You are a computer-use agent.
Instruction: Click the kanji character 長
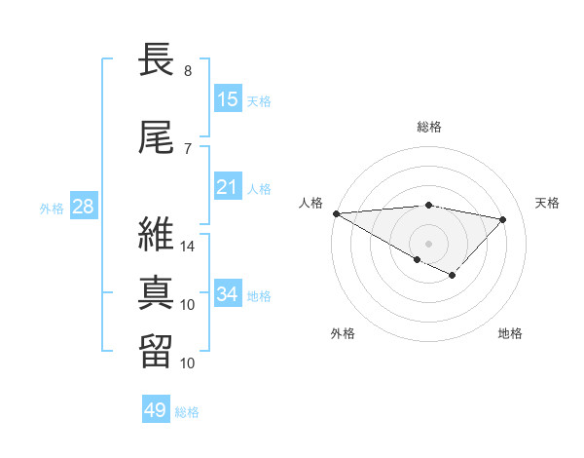[x=158, y=61]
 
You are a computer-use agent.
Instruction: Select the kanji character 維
[x=158, y=235]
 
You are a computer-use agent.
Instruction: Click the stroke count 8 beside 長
[x=187, y=71]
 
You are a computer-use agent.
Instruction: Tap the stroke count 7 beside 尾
[x=187, y=148]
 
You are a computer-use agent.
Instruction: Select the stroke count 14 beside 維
[x=188, y=247]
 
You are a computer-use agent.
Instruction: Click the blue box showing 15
[x=228, y=98]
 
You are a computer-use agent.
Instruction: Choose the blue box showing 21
[x=228, y=187]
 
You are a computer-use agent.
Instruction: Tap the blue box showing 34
[x=228, y=293]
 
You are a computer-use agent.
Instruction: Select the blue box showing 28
[x=83, y=207]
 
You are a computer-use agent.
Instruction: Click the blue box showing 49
[x=156, y=410]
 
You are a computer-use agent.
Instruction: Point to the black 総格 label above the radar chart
[x=429, y=127]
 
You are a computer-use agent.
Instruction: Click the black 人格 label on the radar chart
[x=311, y=203]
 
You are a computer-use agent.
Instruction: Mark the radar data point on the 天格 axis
[x=503, y=219]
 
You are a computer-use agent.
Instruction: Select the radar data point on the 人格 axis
[x=336, y=213]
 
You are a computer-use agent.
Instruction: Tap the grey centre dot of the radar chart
[x=428, y=242]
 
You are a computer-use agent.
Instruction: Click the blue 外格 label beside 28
[x=52, y=208]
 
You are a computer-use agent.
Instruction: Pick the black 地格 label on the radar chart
[x=510, y=333]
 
